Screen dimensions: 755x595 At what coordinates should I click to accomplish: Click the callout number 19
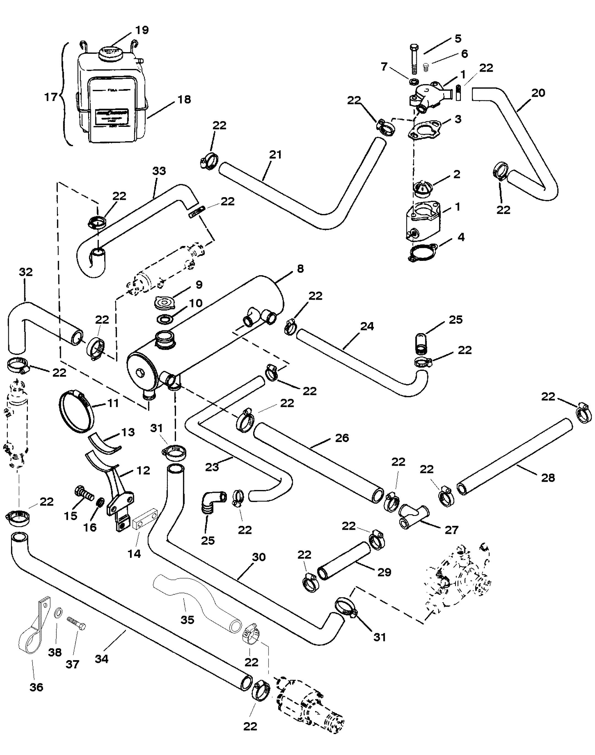coord(142,30)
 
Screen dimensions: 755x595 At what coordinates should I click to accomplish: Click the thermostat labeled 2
coord(423,188)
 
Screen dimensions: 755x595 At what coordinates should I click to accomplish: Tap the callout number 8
coord(300,269)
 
